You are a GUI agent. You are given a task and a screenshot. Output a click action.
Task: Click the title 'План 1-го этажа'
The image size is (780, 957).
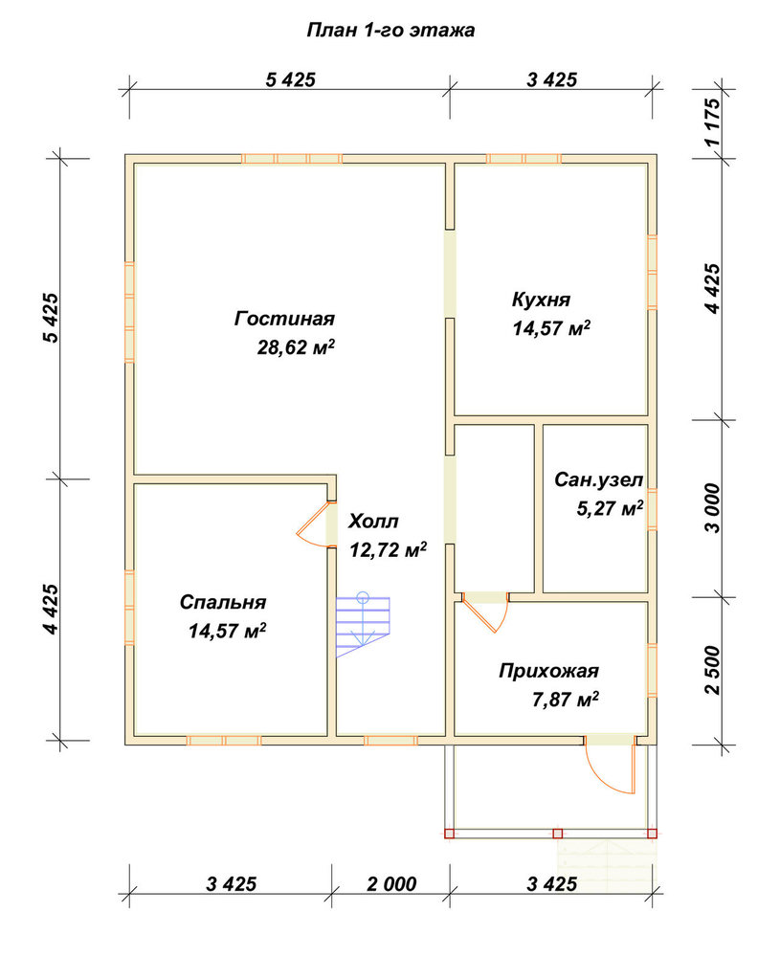click(x=390, y=31)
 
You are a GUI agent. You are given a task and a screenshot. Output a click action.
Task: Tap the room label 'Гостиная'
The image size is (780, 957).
click(x=284, y=319)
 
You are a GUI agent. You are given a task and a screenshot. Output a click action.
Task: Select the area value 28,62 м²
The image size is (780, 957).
click(x=296, y=348)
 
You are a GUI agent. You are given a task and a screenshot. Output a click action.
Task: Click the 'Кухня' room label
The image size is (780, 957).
click(x=541, y=300)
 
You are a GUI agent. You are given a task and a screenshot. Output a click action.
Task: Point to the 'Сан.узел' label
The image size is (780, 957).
click(x=598, y=480)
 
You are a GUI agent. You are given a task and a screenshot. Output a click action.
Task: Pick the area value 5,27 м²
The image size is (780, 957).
click(x=610, y=508)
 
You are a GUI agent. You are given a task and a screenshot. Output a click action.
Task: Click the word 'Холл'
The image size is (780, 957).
click(x=373, y=522)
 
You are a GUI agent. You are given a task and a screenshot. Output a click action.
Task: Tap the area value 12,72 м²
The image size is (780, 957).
click(x=389, y=550)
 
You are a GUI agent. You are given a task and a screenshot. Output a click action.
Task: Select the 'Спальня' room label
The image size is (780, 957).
click(x=223, y=602)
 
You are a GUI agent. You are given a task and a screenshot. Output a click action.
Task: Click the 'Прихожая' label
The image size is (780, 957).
click(x=548, y=671)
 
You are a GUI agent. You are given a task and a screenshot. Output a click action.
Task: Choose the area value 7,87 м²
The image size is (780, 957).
click(x=566, y=700)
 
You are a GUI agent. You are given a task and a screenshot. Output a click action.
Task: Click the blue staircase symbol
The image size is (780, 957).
click(x=363, y=625)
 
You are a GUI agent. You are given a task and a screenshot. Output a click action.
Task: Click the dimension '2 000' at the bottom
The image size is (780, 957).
click(x=391, y=883)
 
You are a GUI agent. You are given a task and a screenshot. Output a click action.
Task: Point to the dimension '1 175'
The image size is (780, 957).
click(x=712, y=122)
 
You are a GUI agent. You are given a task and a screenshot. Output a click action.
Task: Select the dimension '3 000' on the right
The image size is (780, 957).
click(x=712, y=508)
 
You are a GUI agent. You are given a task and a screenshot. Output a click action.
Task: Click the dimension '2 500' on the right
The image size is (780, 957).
click(x=712, y=670)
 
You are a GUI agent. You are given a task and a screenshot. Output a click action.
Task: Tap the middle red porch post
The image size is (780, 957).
click(x=557, y=834)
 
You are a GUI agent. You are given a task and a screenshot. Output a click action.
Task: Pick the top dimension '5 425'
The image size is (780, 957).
click(x=291, y=79)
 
